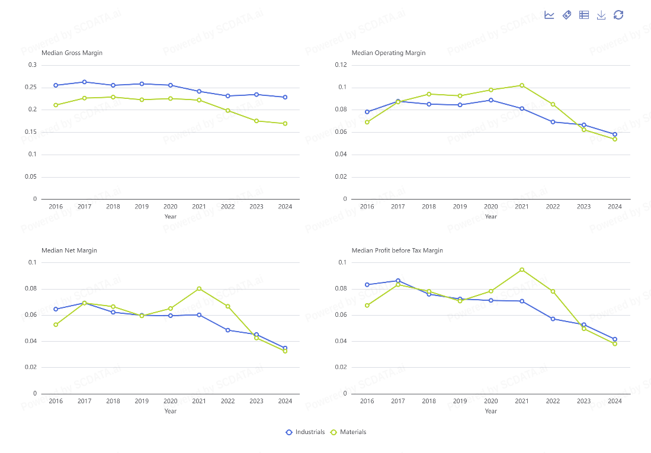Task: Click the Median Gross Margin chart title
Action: [72, 53]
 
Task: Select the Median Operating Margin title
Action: [389, 53]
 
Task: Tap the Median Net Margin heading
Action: [69, 250]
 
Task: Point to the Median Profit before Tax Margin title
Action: [397, 250]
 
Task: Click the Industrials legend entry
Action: [305, 432]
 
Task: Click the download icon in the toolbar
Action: [601, 15]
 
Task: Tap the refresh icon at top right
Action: [618, 15]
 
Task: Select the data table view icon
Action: [584, 15]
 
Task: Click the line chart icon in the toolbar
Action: [549, 15]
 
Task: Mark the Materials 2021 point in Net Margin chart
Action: [199, 288]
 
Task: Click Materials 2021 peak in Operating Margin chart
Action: [522, 85]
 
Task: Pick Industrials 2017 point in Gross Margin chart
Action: [84, 82]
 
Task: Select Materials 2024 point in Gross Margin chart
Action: [285, 124]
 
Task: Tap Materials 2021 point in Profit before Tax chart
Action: [522, 269]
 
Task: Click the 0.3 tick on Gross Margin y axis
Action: [33, 65]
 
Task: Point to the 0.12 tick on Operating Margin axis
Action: [341, 65]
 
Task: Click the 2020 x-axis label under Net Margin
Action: [170, 401]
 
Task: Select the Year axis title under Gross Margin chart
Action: [170, 216]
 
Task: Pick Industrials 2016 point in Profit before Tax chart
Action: [367, 285]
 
